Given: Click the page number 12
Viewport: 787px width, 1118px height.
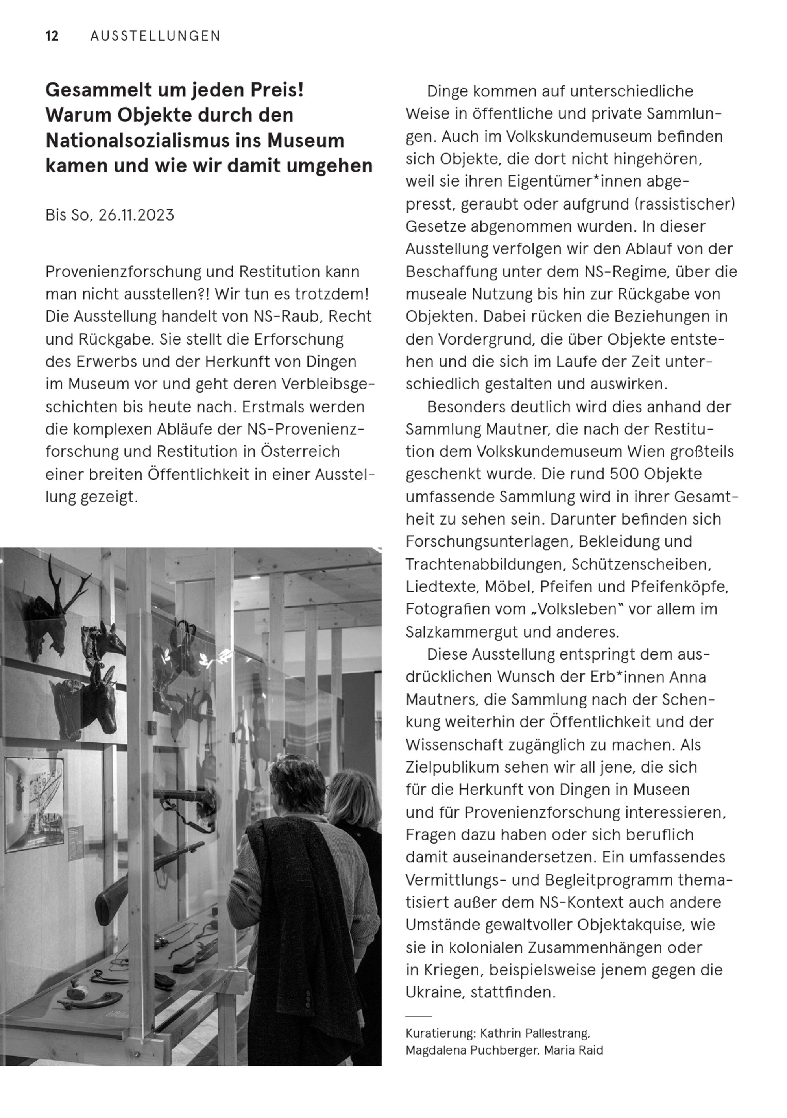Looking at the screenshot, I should tap(52, 36).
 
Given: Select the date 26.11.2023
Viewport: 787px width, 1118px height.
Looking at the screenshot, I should tap(136, 215).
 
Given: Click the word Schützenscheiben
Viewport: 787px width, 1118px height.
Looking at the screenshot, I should tap(641, 564).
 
